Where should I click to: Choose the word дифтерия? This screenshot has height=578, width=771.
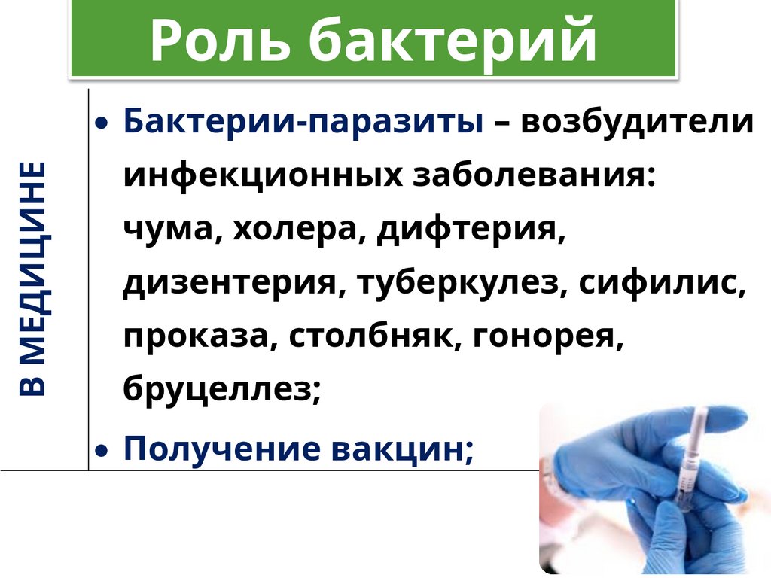470,230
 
